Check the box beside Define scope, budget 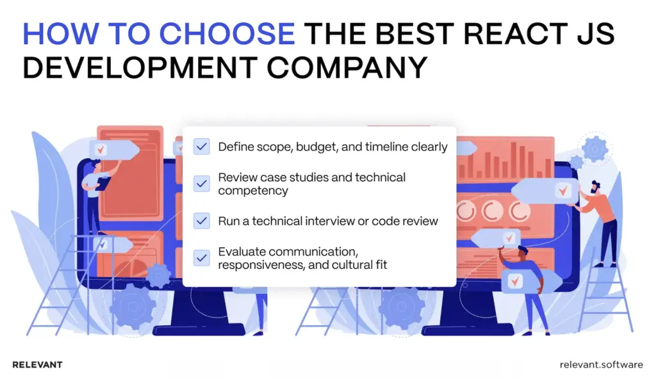click(x=202, y=147)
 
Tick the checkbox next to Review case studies click(x=202, y=183)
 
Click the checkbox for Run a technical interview click(x=202, y=221)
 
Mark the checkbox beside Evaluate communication click(x=202, y=258)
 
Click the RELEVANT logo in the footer click(x=38, y=365)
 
